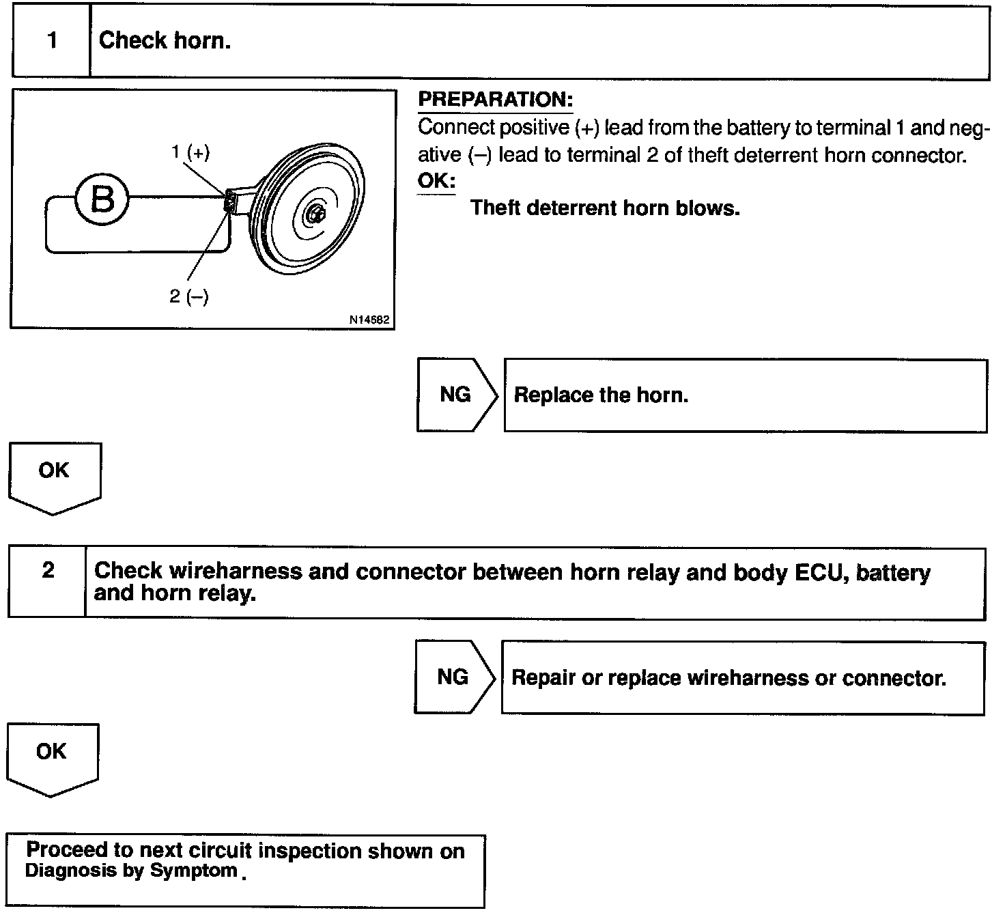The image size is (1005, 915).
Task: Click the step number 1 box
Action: pos(52,41)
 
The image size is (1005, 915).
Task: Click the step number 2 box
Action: pos(48,582)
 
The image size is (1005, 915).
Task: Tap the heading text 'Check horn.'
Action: pos(165,41)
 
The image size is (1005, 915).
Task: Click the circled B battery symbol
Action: pos(102,200)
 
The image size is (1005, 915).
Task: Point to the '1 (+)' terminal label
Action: pos(190,152)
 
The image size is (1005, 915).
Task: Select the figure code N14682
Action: pos(369,319)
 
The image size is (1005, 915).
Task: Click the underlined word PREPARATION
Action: pos(495,100)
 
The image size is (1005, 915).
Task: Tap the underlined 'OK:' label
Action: pos(436,182)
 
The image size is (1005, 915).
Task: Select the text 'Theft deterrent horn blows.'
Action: pos(605,208)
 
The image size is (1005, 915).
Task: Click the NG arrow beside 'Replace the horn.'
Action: pos(456,395)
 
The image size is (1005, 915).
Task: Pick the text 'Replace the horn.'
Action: pos(601,395)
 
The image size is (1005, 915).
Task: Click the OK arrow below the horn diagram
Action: pos(54,476)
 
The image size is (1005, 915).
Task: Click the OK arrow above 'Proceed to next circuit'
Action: pos(52,757)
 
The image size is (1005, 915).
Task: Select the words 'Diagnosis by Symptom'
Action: pos(131,871)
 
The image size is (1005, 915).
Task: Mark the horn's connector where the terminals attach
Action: pos(231,201)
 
